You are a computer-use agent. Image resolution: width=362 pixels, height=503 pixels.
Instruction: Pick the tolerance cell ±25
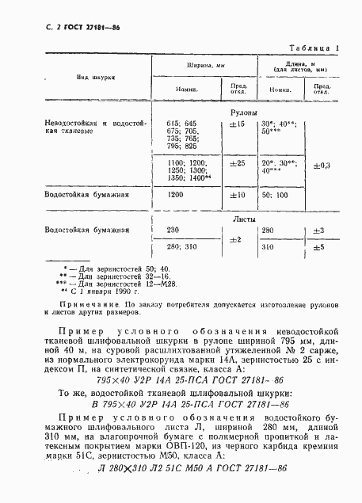235,163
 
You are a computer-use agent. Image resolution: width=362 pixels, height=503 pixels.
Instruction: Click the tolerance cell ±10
235,194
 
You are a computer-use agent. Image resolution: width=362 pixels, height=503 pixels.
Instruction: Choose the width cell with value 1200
177,194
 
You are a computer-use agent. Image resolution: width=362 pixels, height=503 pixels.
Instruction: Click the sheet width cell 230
175,231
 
